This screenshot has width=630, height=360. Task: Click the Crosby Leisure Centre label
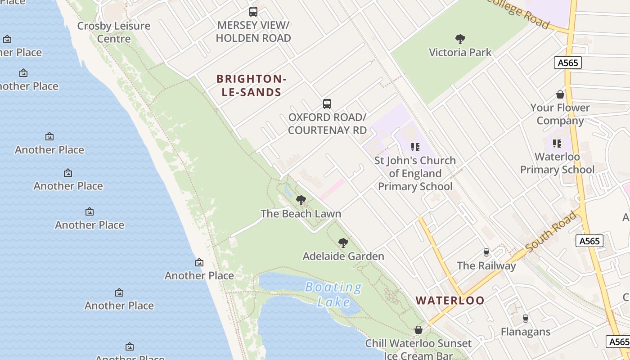click(113, 32)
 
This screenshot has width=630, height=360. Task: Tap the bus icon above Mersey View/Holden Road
click(253, 12)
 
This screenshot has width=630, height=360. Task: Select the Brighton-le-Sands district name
click(251, 85)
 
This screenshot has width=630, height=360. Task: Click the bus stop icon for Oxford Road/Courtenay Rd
click(327, 104)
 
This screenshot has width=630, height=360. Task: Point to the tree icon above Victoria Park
click(460, 39)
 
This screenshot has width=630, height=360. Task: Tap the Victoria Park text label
click(460, 52)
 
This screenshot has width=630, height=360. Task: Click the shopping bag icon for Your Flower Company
click(560, 94)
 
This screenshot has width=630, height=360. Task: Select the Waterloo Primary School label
click(557, 163)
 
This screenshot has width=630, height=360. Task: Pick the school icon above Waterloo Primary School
click(557, 144)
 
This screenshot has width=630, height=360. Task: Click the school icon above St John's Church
click(415, 147)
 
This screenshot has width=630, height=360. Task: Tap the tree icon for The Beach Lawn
click(301, 200)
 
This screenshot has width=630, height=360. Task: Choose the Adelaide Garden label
click(343, 256)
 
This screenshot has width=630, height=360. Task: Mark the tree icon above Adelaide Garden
click(343, 243)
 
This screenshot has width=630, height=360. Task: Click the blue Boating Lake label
click(333, 294)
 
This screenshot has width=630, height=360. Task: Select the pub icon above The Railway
click(486, 252)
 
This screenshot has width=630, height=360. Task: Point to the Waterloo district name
click(450, 301)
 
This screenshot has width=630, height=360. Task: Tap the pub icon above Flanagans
click(525, 319)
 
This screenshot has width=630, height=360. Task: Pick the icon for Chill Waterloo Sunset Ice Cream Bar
click(418, 330)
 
